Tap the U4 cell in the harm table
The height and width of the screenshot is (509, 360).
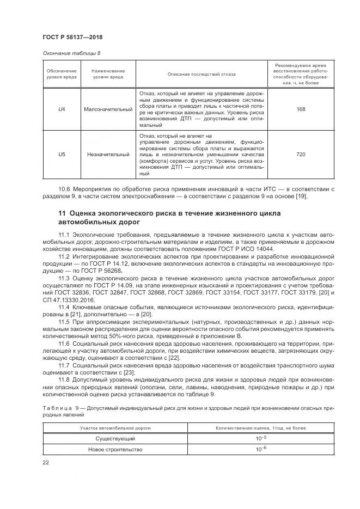62,109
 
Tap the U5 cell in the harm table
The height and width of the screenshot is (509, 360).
62,155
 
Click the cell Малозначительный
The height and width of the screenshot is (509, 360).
108,109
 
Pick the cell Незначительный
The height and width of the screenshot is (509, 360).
108,155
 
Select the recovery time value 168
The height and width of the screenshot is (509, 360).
300,109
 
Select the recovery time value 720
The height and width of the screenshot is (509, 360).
300,155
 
